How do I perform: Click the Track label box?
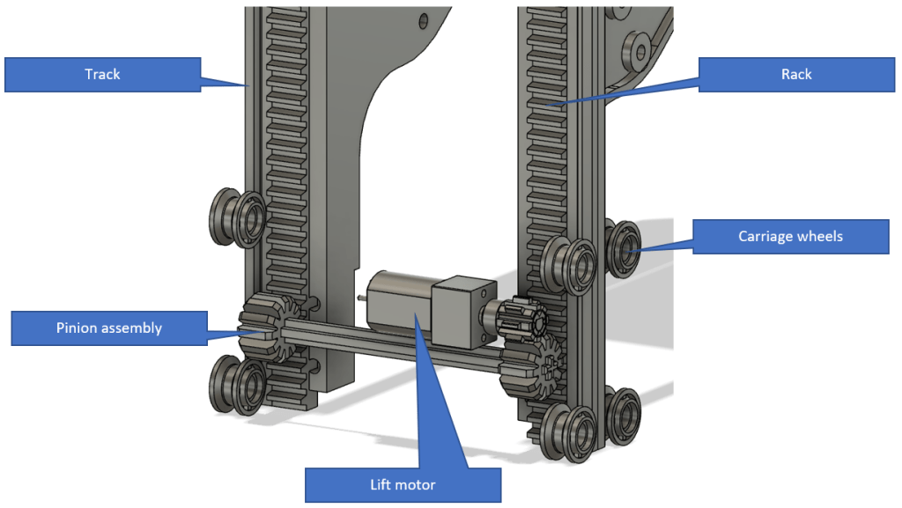click(x=102, y=74)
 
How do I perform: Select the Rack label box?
click(x=795, y=74)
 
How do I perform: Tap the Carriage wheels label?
click(x=790, y=236)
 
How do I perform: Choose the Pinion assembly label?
click(x=109, y=328)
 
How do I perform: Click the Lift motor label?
click(x=403, y=484)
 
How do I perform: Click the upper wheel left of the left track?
click(x=233, y=216)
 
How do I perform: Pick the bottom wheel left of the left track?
click(x=233, y=384)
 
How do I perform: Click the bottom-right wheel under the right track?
click(x=623, y=414)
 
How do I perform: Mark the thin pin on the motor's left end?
click(x=362, y=297)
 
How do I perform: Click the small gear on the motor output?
click(x=514, y=318)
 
